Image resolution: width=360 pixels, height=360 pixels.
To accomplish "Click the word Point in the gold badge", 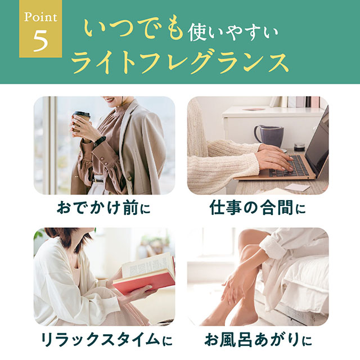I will [x=40, y=17].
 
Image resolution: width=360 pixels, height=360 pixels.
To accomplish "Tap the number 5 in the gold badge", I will [x=40, y=42].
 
